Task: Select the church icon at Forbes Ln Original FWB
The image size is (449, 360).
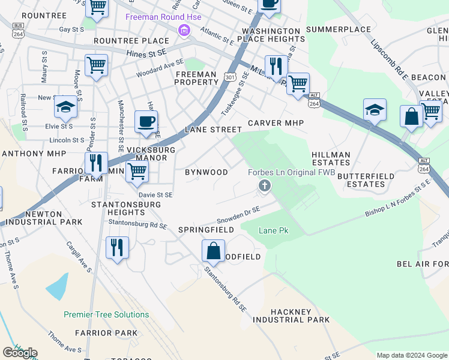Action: click(264, 187)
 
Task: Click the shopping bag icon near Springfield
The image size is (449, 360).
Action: click(213, 251)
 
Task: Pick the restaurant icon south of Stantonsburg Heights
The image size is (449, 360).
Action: click(117, 247)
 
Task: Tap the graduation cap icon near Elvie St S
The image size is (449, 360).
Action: click(65, 107)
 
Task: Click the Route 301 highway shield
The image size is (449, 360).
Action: click(230, 76)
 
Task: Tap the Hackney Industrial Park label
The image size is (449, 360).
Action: click(300, 316)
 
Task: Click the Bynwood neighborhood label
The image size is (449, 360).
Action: click(206, 172)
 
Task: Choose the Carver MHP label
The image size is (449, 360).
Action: click(276, 123)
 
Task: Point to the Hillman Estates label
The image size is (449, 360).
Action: click(331, 158)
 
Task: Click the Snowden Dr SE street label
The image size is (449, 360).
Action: click(238, 212)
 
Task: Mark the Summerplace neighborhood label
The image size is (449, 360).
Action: click(339, 29)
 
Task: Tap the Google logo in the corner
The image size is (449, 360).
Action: click(20, 353)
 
